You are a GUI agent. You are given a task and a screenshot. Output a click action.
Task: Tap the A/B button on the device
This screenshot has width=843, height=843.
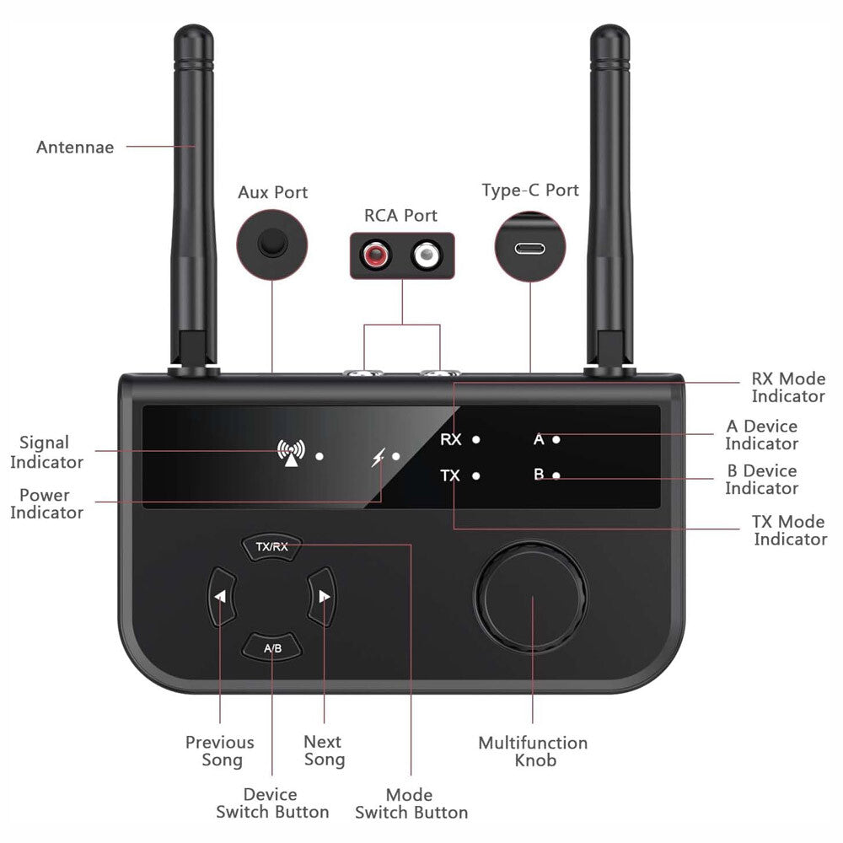click(x=272, y=648)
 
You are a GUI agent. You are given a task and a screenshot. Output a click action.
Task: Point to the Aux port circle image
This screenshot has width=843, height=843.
click(x=271, y=244)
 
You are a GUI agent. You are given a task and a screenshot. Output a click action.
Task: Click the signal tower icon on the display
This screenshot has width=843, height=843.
click(x=291, y=454)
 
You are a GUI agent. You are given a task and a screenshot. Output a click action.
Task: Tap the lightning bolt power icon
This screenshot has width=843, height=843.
click(x=377, y=458)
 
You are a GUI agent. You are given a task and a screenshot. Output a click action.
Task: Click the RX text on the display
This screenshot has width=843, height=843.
click(x=451, y=439)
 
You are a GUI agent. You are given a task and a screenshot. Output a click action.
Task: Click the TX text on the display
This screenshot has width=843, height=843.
click(x=450, y=475)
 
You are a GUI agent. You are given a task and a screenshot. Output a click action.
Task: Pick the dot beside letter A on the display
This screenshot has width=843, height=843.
click(x=556, y=439)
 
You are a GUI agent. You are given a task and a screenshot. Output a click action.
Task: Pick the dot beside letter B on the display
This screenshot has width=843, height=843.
click(x=556, y=475)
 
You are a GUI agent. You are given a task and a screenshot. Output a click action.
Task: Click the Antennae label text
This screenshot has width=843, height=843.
click(x=75, y=148)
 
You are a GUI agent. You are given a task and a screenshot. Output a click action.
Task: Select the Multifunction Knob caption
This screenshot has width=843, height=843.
click(x=533, y=751)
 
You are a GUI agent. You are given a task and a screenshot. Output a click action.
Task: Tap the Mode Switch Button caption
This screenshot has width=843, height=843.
click(x=411, y=803)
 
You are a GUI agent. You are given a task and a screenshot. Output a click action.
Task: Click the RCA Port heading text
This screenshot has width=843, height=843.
click(x=401, y=215)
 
